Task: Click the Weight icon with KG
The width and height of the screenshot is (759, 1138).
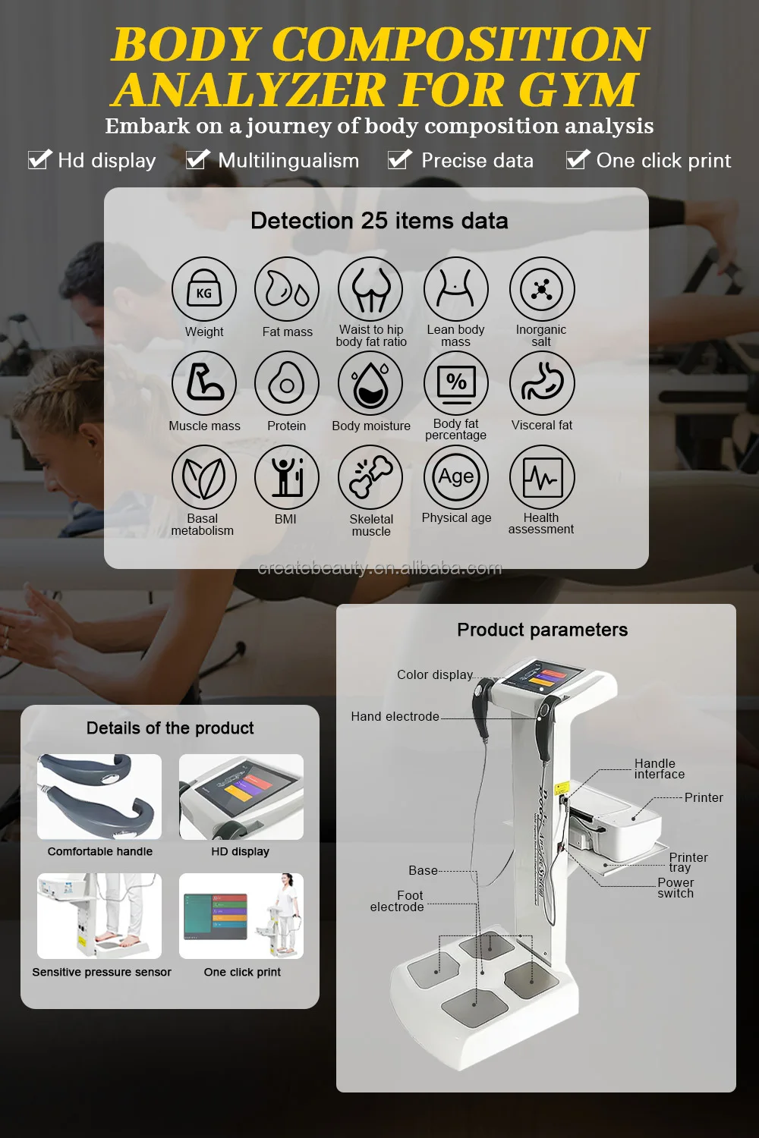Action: coord(203,290)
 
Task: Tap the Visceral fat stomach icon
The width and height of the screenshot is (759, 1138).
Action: coord(542,384)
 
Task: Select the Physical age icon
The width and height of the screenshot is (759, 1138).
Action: coord(456,477)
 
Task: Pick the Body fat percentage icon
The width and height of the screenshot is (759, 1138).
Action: coord(456,384)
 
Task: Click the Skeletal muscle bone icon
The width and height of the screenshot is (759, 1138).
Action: coord(371,477)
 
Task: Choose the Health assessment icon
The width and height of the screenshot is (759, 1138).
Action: coord(542,477)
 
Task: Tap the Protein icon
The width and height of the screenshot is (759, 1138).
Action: coord(286,384)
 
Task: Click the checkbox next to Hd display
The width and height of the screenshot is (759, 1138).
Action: coord(39,160)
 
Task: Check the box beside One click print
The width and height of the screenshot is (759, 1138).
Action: coord(578,160)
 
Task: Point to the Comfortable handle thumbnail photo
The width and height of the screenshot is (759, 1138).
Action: coord(99,797)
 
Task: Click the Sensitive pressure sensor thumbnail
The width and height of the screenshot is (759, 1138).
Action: coord(99,916)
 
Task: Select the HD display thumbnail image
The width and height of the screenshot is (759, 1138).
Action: coord(241,797)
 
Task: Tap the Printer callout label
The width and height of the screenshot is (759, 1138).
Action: coord(704,797)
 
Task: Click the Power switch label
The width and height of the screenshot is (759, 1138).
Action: coord(676,888)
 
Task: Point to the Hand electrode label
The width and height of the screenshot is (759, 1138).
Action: coord(395,716)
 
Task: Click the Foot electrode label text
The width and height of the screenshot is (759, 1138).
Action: coord(398,901)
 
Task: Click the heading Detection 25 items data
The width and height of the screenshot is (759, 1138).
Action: coord(379,221)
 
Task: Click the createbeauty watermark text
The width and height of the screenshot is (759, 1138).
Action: coord(379,568)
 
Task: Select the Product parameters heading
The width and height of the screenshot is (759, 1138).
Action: coord(542,630)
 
